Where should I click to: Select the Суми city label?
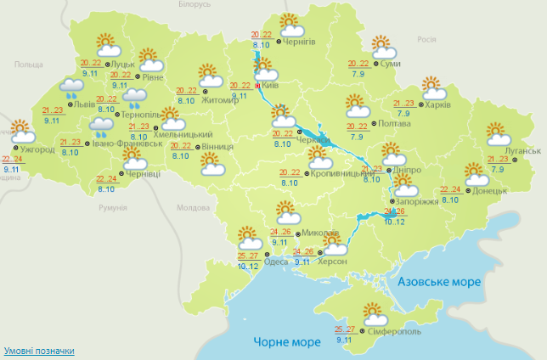tap(391, 65)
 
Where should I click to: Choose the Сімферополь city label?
tap(394, 332)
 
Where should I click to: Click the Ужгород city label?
tap(37, 149)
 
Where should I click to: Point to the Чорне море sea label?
tap(287, 342)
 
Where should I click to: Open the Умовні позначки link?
tap(39, 351)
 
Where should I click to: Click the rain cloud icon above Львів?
tap(70, 87)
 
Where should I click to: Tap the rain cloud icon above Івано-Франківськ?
tap(103, 128)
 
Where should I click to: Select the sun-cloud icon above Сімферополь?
tap(374, 312)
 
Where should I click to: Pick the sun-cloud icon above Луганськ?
tap(499, 134)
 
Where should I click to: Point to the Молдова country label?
tap(192, 208)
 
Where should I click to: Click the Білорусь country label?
tap(194, 5)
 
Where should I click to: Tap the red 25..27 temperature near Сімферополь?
tap(344, 329)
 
